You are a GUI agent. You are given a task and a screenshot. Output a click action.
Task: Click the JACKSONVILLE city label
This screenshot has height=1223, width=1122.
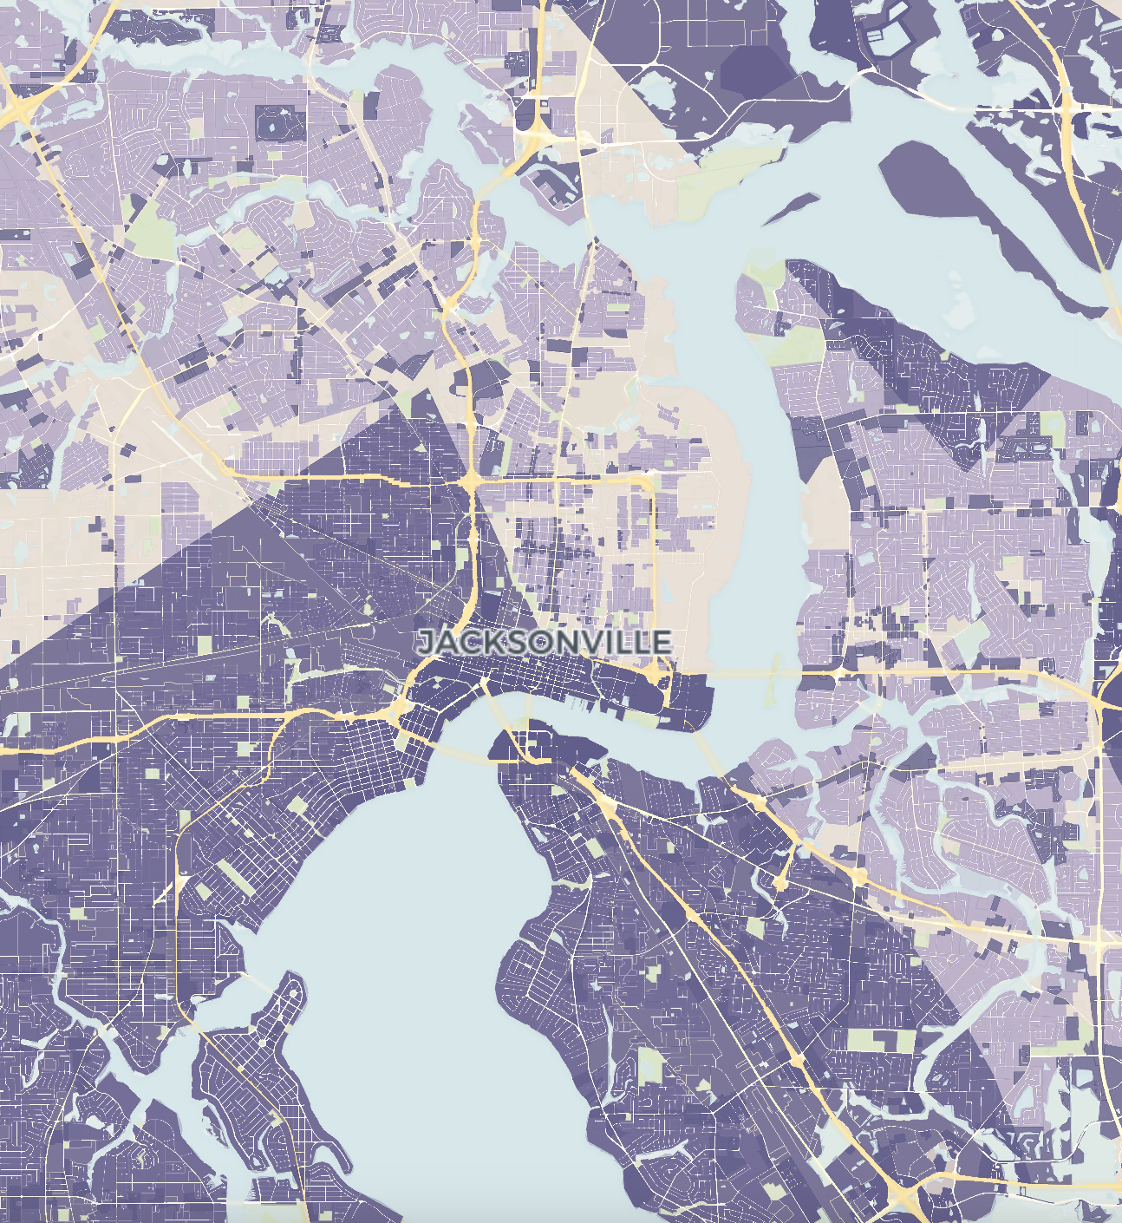pos(545,642)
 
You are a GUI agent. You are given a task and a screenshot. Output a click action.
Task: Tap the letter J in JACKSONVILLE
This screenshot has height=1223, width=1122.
pos(426,643)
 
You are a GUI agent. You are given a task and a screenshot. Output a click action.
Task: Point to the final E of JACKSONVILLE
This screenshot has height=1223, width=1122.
pos(662,642)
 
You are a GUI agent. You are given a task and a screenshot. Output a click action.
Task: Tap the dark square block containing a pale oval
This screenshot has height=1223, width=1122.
pos(279,124)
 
